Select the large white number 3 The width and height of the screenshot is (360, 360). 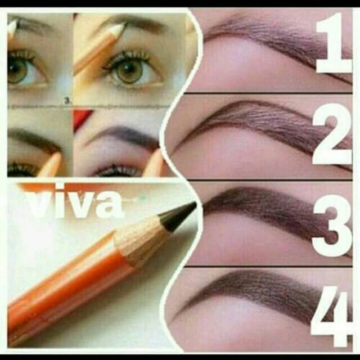pos(332,223)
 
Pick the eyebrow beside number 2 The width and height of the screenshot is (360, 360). pos(253,121)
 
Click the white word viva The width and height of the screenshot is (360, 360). pos(76,204)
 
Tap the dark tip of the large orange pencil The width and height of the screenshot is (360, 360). pos(179,215)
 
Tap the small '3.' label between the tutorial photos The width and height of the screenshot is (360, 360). pos(67,101)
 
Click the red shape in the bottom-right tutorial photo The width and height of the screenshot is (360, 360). pos(82,118)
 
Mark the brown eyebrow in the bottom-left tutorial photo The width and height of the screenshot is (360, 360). pos(34,138)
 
